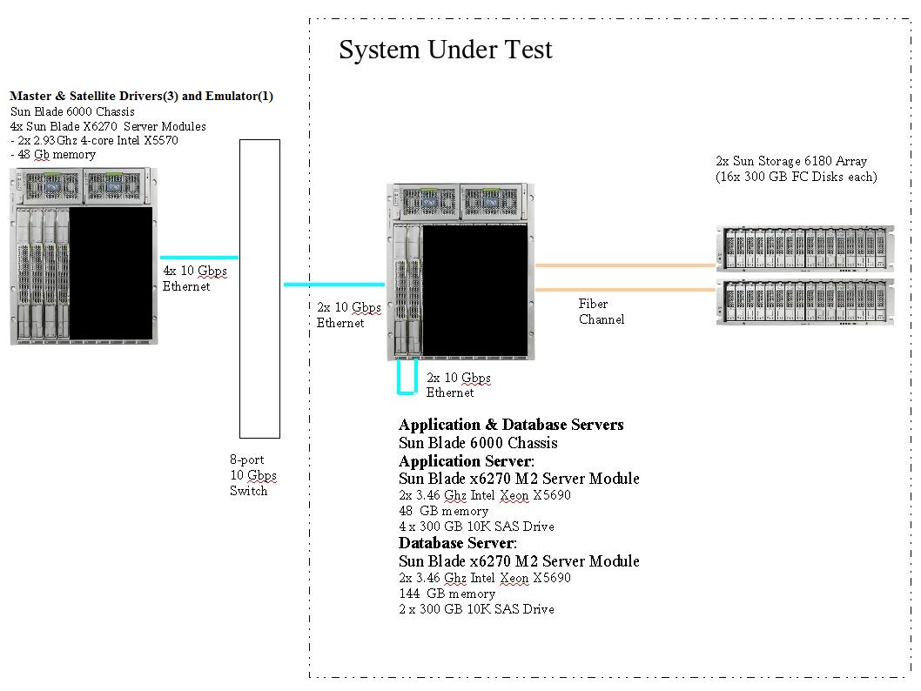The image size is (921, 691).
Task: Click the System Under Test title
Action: [x=445, y=50]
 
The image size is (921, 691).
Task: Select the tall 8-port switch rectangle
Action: [x=259, y=288]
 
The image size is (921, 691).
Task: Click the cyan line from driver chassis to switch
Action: [x=199, y=258]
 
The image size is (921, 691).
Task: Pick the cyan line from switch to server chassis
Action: [x=334, y=285]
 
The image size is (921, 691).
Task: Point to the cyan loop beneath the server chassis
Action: [x=407, y=392]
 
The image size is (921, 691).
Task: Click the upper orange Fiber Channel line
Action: [x=625, y=265]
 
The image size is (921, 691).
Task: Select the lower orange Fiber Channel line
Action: [x=625, y=289]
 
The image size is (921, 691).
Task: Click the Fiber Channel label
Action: [x=601, y=312]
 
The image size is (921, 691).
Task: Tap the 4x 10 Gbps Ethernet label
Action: [x=195, y=278]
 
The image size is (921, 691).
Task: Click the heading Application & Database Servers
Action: [x=511, y=425]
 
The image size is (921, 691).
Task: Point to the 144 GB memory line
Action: [x=447, y=594]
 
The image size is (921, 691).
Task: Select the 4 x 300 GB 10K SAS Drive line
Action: [x=476, y=527]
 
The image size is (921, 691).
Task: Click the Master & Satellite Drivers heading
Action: [x=147, y=96]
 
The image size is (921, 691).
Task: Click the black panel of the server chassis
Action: [x=474, y=290]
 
